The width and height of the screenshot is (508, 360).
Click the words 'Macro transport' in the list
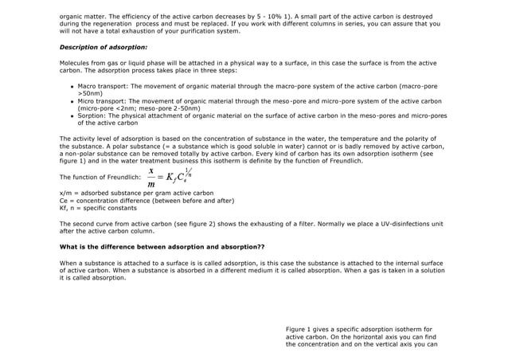(103, 84)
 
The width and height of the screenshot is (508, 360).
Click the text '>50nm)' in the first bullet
(90, 92)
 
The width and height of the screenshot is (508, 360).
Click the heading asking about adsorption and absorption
(162, 247)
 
